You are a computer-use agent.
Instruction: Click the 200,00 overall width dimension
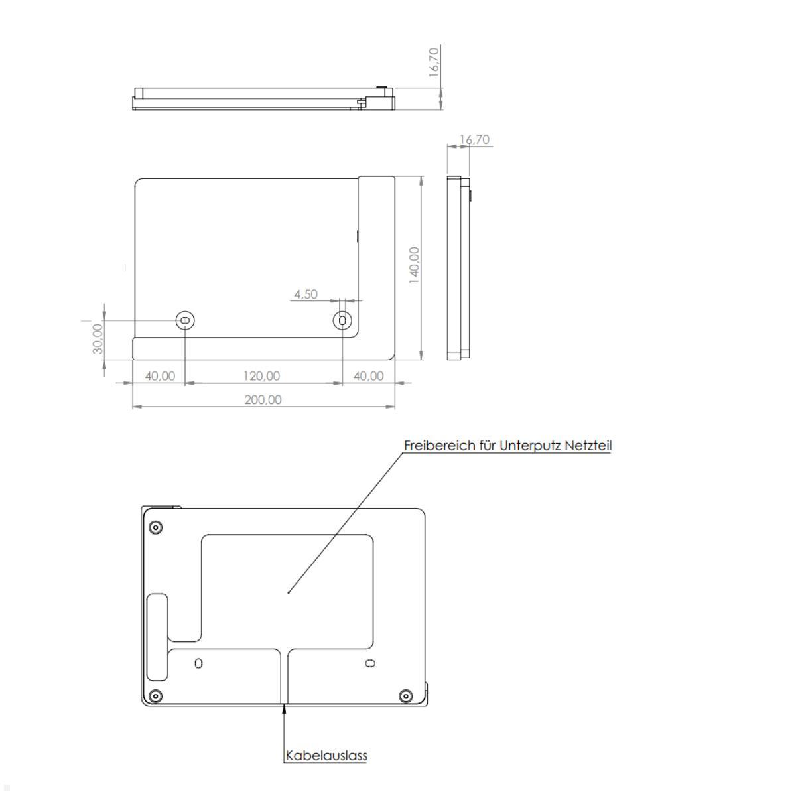[x=263, y=399]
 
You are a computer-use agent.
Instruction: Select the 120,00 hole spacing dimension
[x=262, y=375]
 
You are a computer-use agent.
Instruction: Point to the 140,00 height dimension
[x=414, y=265]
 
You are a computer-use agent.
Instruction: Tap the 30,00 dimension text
[x=98, y=338]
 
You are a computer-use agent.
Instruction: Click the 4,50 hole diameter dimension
[x=306, y=294]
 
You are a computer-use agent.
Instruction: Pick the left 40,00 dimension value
[x=160, y=375]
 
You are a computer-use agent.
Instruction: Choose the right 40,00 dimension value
[x=368, y=375]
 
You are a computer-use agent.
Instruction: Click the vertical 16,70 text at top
[x=434, y=62]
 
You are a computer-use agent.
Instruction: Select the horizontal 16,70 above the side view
[x=474, y=139]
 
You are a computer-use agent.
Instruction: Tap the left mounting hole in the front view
[x=185, y=321]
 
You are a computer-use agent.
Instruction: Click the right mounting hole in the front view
[x=342, y=321]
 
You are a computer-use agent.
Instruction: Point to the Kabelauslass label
[x=326, y=755]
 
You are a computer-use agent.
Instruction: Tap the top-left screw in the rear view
[x=156, y=528]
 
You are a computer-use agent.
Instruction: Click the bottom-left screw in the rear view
[x=156, y=696]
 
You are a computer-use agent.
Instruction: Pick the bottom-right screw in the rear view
[x=405, y=696]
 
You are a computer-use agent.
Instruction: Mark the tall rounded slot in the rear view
[x=158, y=637]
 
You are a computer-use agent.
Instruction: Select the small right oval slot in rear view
[x=370, y=663]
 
